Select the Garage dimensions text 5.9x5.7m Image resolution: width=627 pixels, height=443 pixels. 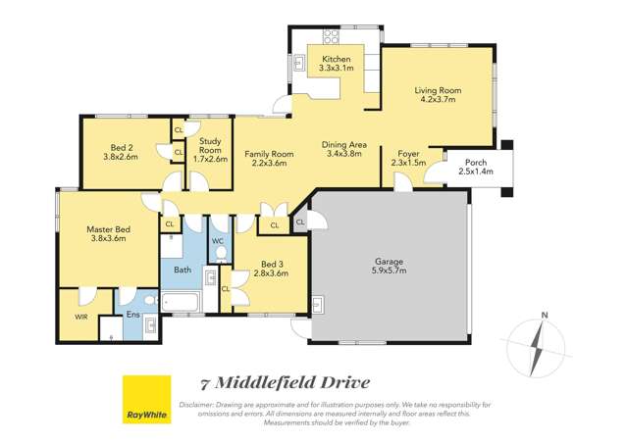[389, 273]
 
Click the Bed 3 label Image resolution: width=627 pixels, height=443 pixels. [271, 264]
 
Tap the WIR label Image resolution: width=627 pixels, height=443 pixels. [80, 317]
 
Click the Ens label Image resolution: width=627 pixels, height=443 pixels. [132, 315]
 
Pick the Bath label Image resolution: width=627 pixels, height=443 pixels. [183, 269]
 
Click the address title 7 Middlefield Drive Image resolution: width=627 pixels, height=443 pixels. [285, 382]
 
